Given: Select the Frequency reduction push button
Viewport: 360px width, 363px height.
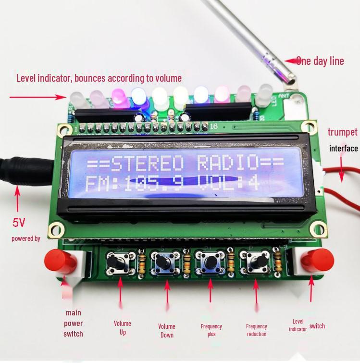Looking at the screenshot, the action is (x=256, y=263).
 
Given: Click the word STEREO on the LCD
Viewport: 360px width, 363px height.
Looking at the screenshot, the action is (x=147, y=164).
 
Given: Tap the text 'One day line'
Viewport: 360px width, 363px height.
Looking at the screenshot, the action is (x=320, y=61).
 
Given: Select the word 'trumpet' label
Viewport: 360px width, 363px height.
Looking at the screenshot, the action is (x=343, y=132).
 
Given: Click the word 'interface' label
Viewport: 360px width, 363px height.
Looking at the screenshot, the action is (x=343, y=148).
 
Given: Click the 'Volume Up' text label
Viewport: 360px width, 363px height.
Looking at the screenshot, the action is (x=123, y=327).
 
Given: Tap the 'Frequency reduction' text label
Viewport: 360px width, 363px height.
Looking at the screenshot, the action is (x=256, y=330).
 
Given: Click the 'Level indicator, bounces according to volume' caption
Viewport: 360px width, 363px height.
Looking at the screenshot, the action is (x=99, y=78).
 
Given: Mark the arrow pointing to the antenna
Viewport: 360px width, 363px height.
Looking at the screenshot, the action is (x=289, y=61).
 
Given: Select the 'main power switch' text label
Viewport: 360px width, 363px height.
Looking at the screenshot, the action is (x=73, y=323).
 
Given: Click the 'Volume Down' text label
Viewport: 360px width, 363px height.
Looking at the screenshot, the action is (x=167, y=330).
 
